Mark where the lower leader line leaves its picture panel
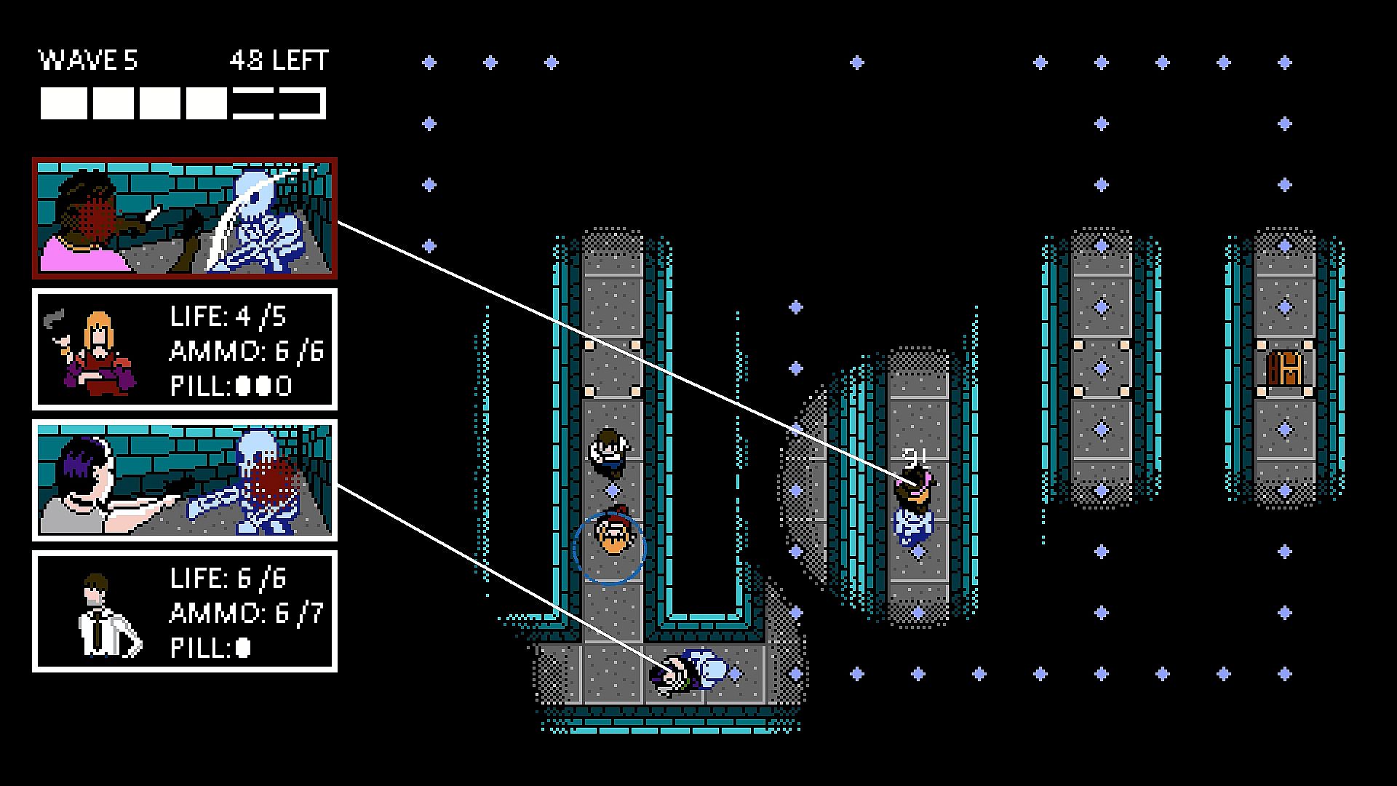pyautogui.click(x=338, y=484)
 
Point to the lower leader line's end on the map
pyautogui.click(x=674, y=670)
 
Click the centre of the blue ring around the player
pyautogui.click(x=609, y=549)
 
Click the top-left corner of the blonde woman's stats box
pyautogui.click(x=33, y=289)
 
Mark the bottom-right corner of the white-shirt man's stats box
pyautogui.click(x=337, y=671)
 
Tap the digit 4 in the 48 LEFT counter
pyautogui.click(x=238, y=60)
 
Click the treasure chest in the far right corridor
pyautogui.click(x=1284, y=368)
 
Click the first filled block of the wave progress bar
pyautogui.click(x=63, y=103)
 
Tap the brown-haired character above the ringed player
pyautogui.click(x=606, y=452)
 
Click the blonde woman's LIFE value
pyautogui.click(x=261, y=317)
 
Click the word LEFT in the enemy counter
pyautogui.click(x=301, y=60)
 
